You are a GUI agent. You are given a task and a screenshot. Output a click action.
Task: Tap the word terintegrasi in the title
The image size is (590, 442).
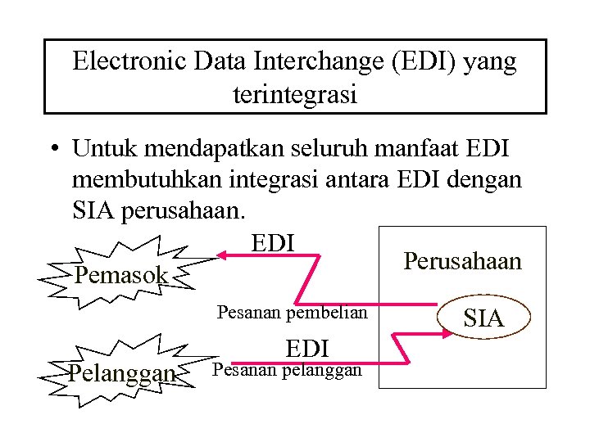(x=295, y=95)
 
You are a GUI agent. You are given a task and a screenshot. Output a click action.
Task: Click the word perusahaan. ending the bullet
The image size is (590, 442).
(x=181, y=210)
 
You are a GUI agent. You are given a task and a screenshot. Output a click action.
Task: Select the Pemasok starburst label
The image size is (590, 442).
(x=121, y=275)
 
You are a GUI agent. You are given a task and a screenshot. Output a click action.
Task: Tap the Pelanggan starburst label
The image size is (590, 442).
(x=123, y=374)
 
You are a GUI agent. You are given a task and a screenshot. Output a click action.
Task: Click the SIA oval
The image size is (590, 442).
(x=483, y=318)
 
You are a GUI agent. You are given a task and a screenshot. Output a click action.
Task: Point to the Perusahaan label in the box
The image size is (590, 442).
(x=462, y=261)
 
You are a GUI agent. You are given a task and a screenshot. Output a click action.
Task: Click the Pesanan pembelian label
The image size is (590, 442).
(x=293, y=312)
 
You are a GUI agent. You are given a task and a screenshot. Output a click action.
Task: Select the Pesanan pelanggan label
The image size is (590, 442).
(x=287, y=370)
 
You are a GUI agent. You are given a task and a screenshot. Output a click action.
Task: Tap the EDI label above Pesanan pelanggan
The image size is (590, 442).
(x=307, y=349)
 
